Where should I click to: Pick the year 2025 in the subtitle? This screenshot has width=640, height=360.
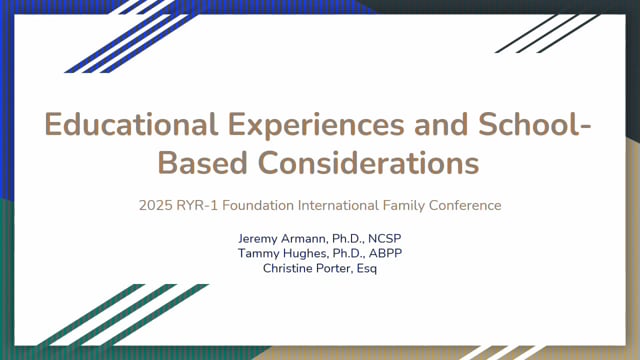[x=156, y=205]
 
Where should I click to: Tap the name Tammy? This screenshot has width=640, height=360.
[x=258, y=253]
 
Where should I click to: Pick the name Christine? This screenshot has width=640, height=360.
[x=287, y=268]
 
